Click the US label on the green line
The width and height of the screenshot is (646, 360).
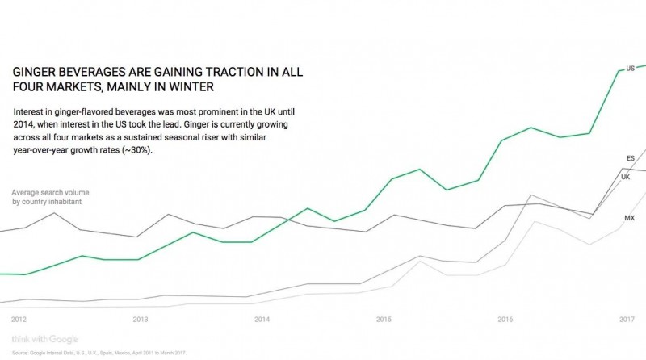point(630,69)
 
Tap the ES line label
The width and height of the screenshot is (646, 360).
point(630,157)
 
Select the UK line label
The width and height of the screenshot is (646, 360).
point(625,177)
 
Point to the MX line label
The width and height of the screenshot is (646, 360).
point(629,218)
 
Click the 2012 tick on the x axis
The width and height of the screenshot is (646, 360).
point(19,319)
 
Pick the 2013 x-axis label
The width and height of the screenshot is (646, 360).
point(140,319)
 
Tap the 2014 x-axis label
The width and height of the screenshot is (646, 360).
point(262,319)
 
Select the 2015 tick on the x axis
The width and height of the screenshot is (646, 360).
point(384,319)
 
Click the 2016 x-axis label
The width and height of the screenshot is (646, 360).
point(505,319)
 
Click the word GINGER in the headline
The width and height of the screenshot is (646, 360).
point(35,71)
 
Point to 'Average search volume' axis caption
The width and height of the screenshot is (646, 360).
point(50,192)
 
